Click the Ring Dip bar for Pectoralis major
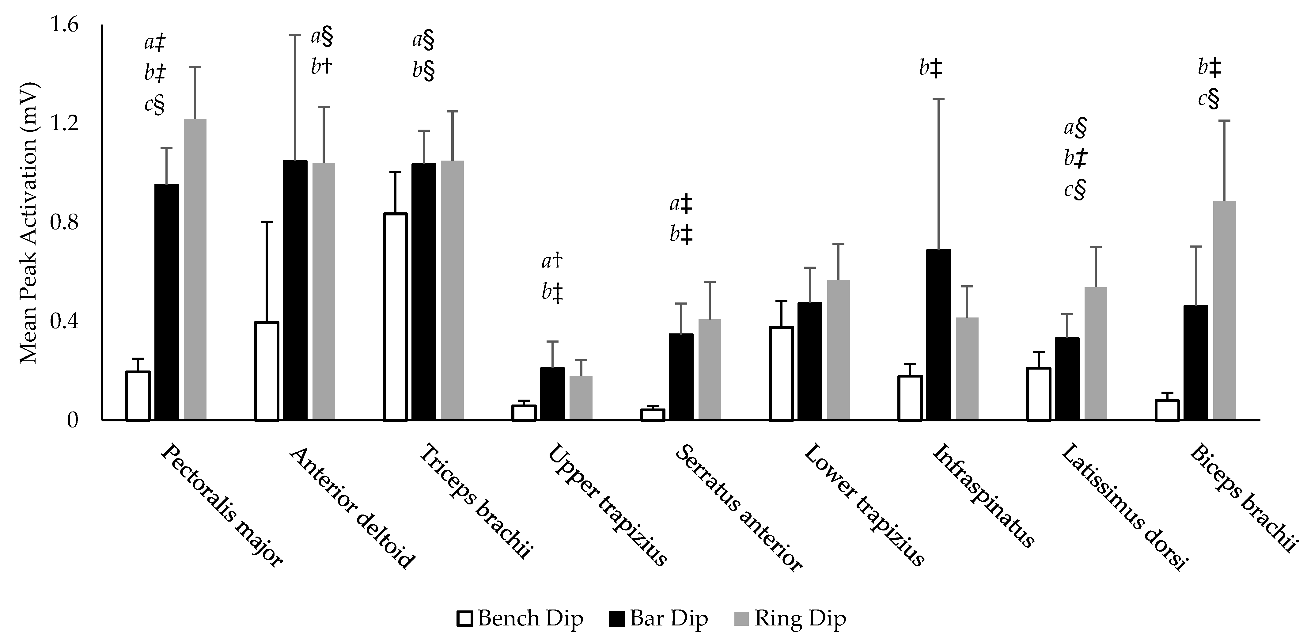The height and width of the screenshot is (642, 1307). click(x=195, y=269)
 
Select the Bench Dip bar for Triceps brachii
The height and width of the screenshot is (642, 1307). click(x=395, y=317)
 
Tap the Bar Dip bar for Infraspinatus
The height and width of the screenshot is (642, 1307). click(x=938, y=335)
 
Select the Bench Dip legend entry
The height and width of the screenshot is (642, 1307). click(x=520, y=618)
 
